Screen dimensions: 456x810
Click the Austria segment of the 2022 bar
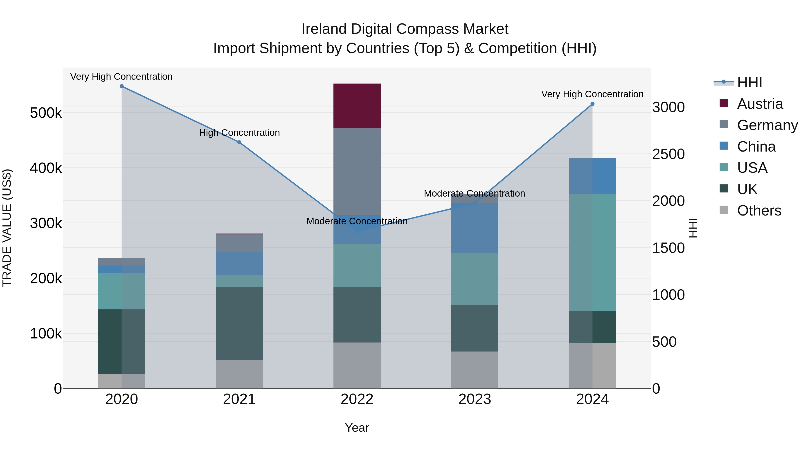click(x=357, y=106)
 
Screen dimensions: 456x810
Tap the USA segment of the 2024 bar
click(x=592, y=252)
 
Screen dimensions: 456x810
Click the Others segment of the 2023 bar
click(x=475, y=370)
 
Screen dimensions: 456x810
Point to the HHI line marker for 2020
click(x=122, y=86)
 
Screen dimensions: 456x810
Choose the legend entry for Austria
click(x=760, y=104)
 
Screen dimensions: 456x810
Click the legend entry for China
click(x=756, y=147)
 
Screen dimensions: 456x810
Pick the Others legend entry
click(x=759, y=211)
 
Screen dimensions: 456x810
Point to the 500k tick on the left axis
click(x=46, y=113)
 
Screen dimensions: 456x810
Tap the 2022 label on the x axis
click(x=357, y=399)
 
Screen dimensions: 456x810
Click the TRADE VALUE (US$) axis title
click(x=7, y=228)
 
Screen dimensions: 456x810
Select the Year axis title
click(x=357, y=428)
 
